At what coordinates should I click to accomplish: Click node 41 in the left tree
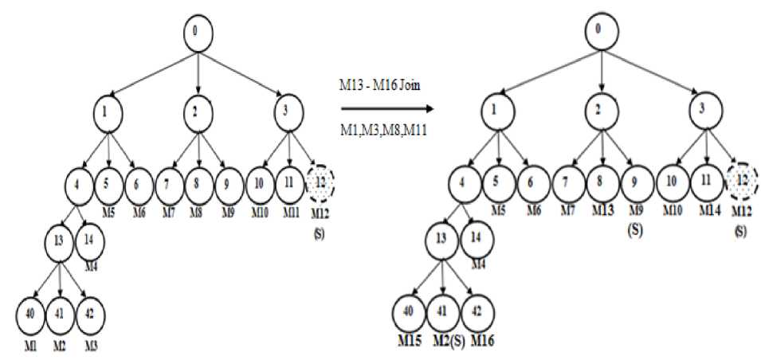pyautogui.click(x=61, y=315)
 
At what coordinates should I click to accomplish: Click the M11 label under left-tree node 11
pyautogui.click(x=289, y=212)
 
